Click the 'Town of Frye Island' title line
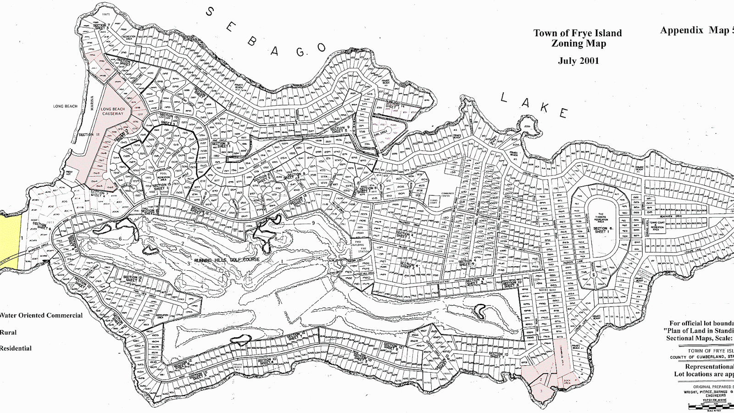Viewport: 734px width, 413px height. point(578,33)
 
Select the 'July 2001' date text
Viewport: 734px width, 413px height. point(578,61)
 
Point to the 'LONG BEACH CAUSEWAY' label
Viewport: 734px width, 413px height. point(113,112)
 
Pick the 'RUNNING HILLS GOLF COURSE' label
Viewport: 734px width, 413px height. point(227,260)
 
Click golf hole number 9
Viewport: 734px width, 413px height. point(313,223)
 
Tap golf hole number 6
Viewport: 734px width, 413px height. point(121,239)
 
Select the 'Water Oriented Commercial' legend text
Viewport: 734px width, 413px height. point(41,315)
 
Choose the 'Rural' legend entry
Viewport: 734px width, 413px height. point(8,332)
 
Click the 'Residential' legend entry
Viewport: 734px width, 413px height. point(16,348)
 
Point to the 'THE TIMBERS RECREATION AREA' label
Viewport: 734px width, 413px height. point(601,218)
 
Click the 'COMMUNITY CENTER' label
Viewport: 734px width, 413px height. point(448,195)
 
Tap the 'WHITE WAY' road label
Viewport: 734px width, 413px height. point(547,290)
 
